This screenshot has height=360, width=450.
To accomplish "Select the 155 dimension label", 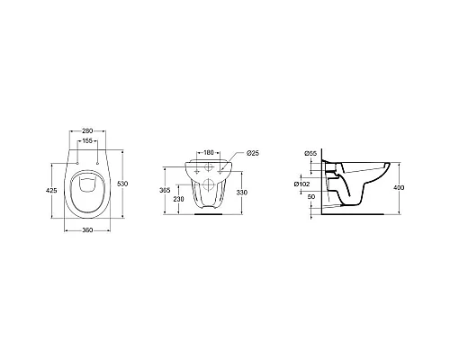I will click(88, 140).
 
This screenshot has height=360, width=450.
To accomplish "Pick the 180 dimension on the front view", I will click(208, 153).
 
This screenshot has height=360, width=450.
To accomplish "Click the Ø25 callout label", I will click(253, 153).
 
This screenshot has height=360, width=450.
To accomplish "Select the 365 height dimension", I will click(165, 190).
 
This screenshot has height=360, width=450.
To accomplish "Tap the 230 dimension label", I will click(179, 199).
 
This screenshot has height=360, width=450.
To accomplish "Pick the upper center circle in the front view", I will click(208, 167).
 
